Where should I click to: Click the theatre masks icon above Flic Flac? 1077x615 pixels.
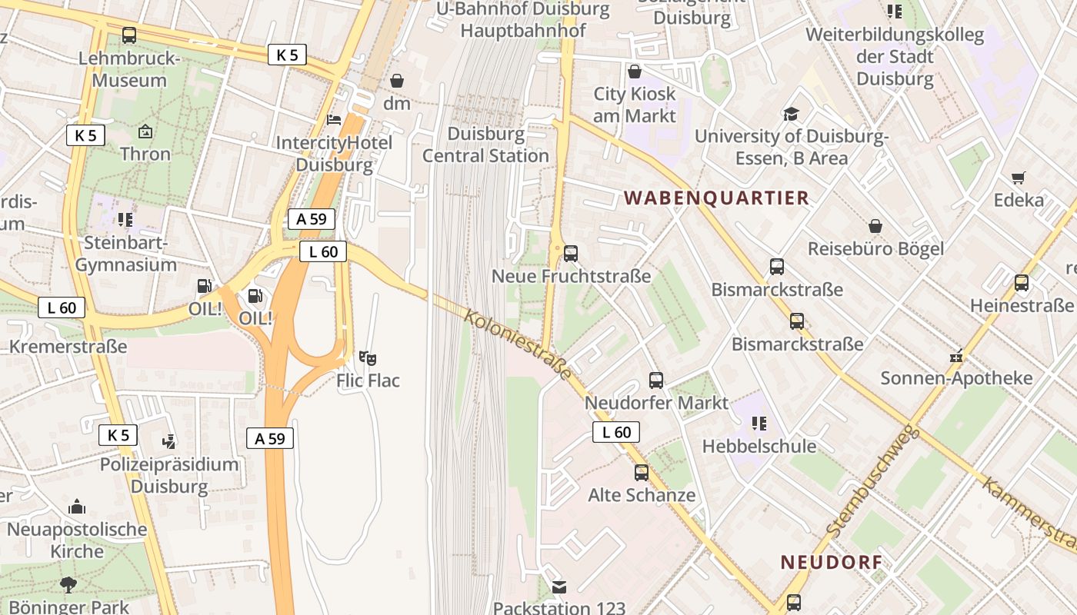coord(368,358)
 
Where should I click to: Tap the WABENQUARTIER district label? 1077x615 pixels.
coord(716,198)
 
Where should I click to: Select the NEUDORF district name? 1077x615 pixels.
coord(831,562)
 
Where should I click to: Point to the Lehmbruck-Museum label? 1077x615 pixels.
coord(129,69)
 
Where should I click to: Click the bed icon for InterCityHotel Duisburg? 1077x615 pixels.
coord(334,119)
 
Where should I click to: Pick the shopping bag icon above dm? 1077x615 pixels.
coord(397,80)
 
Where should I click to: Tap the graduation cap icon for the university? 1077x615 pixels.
coord(791,115)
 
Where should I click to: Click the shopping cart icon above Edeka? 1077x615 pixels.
coord(1019,178)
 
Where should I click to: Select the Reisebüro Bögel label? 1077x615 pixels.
coord(875,248)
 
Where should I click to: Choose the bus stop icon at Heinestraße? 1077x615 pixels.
coord(1022,283)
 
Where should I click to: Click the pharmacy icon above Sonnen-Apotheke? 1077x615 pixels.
coord(956,356)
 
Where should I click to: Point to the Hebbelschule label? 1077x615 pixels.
coord(759,446)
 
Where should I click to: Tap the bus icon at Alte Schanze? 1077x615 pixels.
coord(642,473)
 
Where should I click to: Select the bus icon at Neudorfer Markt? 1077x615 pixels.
coord(656,380)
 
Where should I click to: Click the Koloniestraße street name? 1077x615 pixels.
coord(518,343)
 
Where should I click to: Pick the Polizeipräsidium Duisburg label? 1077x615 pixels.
coord(169,475)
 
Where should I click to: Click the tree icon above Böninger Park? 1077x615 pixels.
coord(68,585)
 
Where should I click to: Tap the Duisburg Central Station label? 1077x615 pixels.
coord(486,145)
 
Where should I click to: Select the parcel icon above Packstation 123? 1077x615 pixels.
coord(559,587)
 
